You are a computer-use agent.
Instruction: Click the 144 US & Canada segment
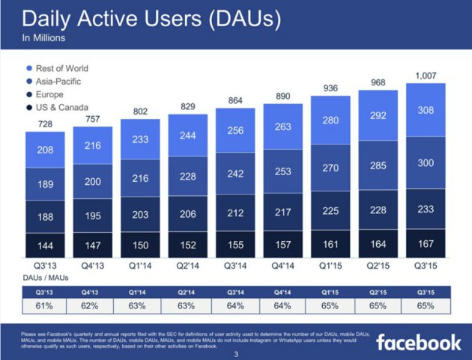[x=44, y=244]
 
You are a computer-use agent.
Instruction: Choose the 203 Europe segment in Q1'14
[x=139, y=213]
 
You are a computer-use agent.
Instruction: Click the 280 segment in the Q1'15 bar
[x=330, y=120]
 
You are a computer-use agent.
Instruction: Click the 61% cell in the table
[x=44, y=305]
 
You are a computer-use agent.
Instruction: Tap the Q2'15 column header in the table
[x=378, y=292]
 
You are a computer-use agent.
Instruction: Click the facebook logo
[x=418, y=342]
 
